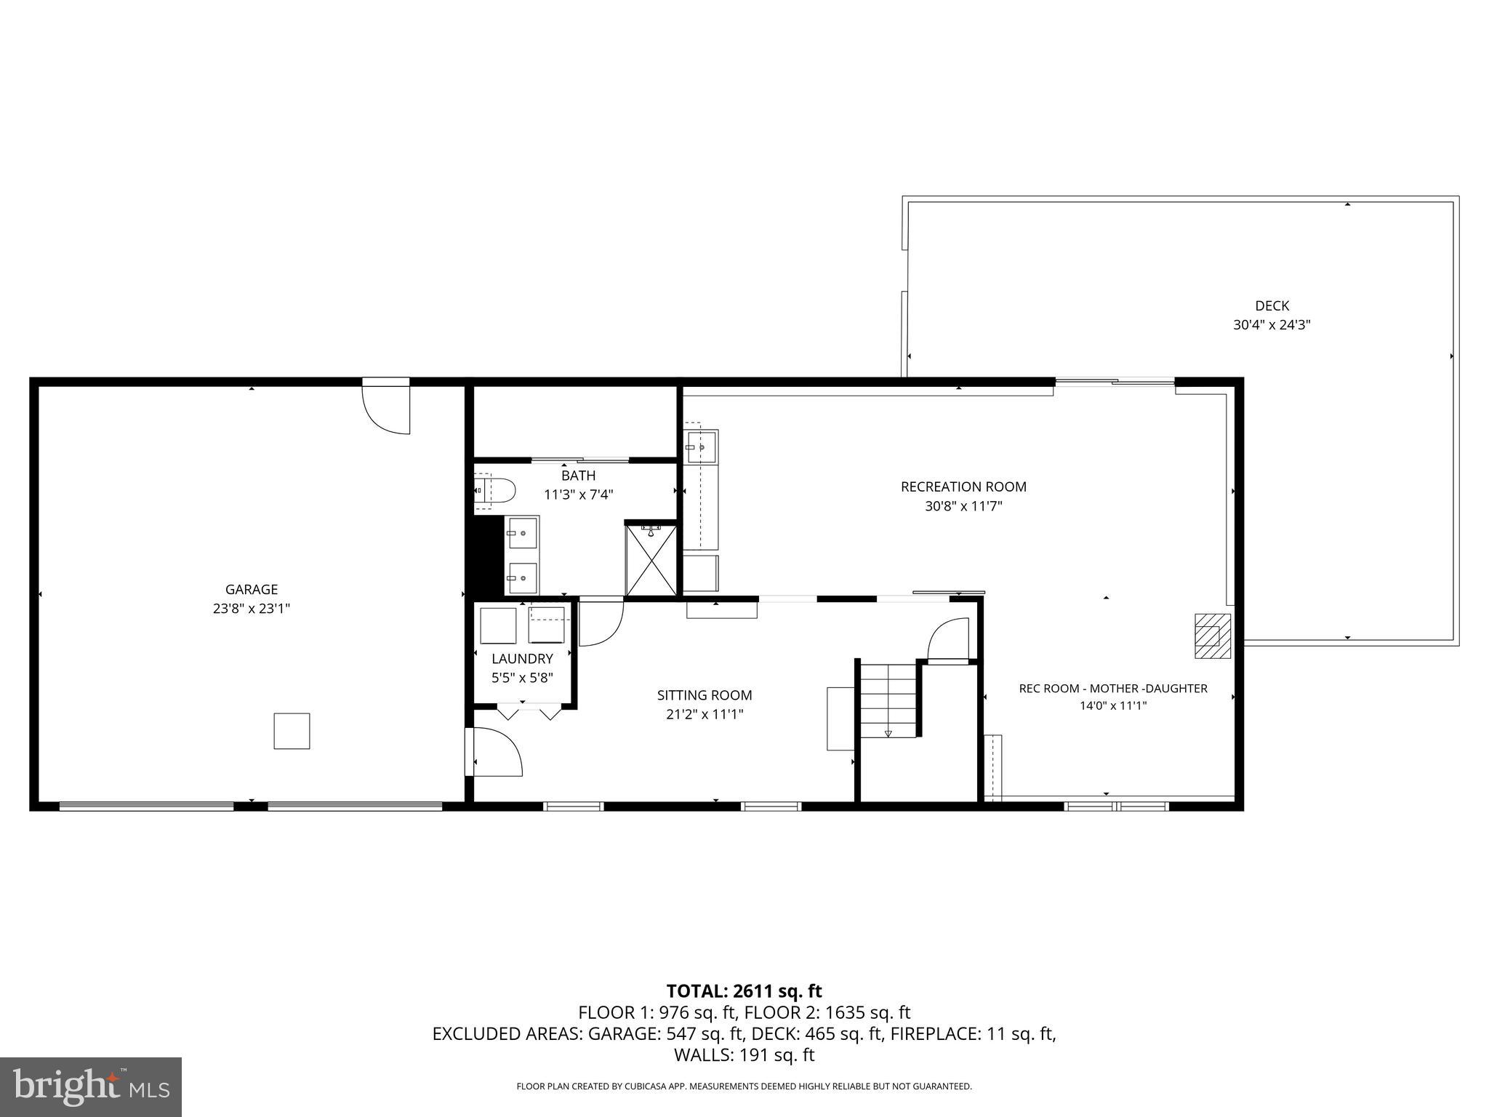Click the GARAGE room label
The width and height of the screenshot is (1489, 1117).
coord(251,589)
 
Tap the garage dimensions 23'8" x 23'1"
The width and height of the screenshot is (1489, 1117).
coord(251,609)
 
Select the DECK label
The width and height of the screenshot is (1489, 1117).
coord(1272,306)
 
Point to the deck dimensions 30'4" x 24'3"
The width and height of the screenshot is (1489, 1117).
coord(1272,325)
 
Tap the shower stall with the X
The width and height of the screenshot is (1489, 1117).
coord(651,560)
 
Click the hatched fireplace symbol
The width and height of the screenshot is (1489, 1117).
coord(1212,636)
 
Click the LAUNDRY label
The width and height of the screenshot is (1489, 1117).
coord(522,659)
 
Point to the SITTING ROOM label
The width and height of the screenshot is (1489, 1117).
coord(704,695)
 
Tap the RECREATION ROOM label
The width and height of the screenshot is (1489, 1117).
coord(963,487)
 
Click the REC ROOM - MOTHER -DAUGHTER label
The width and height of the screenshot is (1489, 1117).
coord(1112,688)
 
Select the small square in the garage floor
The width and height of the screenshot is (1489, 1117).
coord(292,731)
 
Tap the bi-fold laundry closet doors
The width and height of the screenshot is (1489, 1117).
coord(529,710)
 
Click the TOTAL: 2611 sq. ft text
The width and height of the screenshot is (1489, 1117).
coord(744,990)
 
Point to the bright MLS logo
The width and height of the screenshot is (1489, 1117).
coord(91,1086)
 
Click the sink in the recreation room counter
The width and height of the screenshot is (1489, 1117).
coord(702,446)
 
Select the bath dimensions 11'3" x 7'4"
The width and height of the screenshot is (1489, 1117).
coord(578,495)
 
